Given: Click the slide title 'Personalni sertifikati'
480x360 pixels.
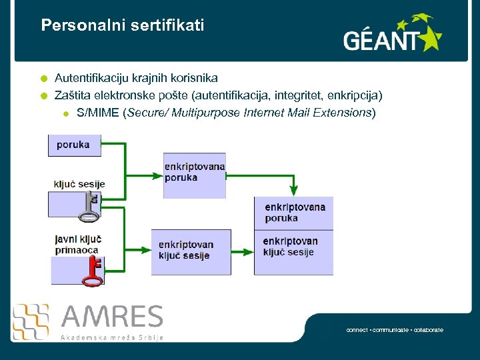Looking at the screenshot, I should (x=122, y=26).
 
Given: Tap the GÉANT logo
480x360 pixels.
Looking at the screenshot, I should (x=392, y=35).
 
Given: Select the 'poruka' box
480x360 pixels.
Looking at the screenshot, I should (x=74, y=145).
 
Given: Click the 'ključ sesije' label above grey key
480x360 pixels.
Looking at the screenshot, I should (x=79, y=184).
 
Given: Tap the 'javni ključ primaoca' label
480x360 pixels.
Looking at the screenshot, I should (x=77, y=244).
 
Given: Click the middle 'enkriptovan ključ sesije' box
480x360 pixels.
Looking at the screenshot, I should (x=191, y=251).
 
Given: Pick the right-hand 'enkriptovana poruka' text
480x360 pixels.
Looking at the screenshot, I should (x=295, y=213).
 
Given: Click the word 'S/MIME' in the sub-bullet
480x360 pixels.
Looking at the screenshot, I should (x=98, y=112).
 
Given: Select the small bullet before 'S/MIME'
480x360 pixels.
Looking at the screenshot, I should (x=66, y=113).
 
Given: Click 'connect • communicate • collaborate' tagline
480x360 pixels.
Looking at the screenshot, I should (x=395, y=330).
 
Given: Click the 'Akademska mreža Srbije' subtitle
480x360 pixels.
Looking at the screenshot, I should (x=112, y=337).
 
